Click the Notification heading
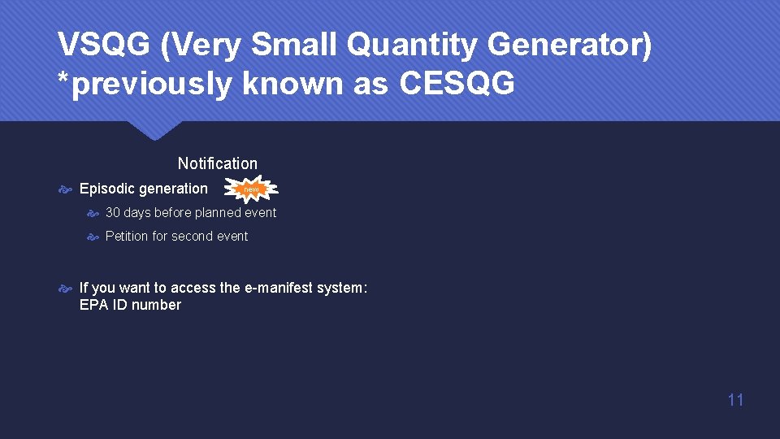(217, 163)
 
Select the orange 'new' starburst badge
(253, 189)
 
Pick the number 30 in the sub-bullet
(113, 212)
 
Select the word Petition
(127, 236)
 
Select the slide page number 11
(735, 399)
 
